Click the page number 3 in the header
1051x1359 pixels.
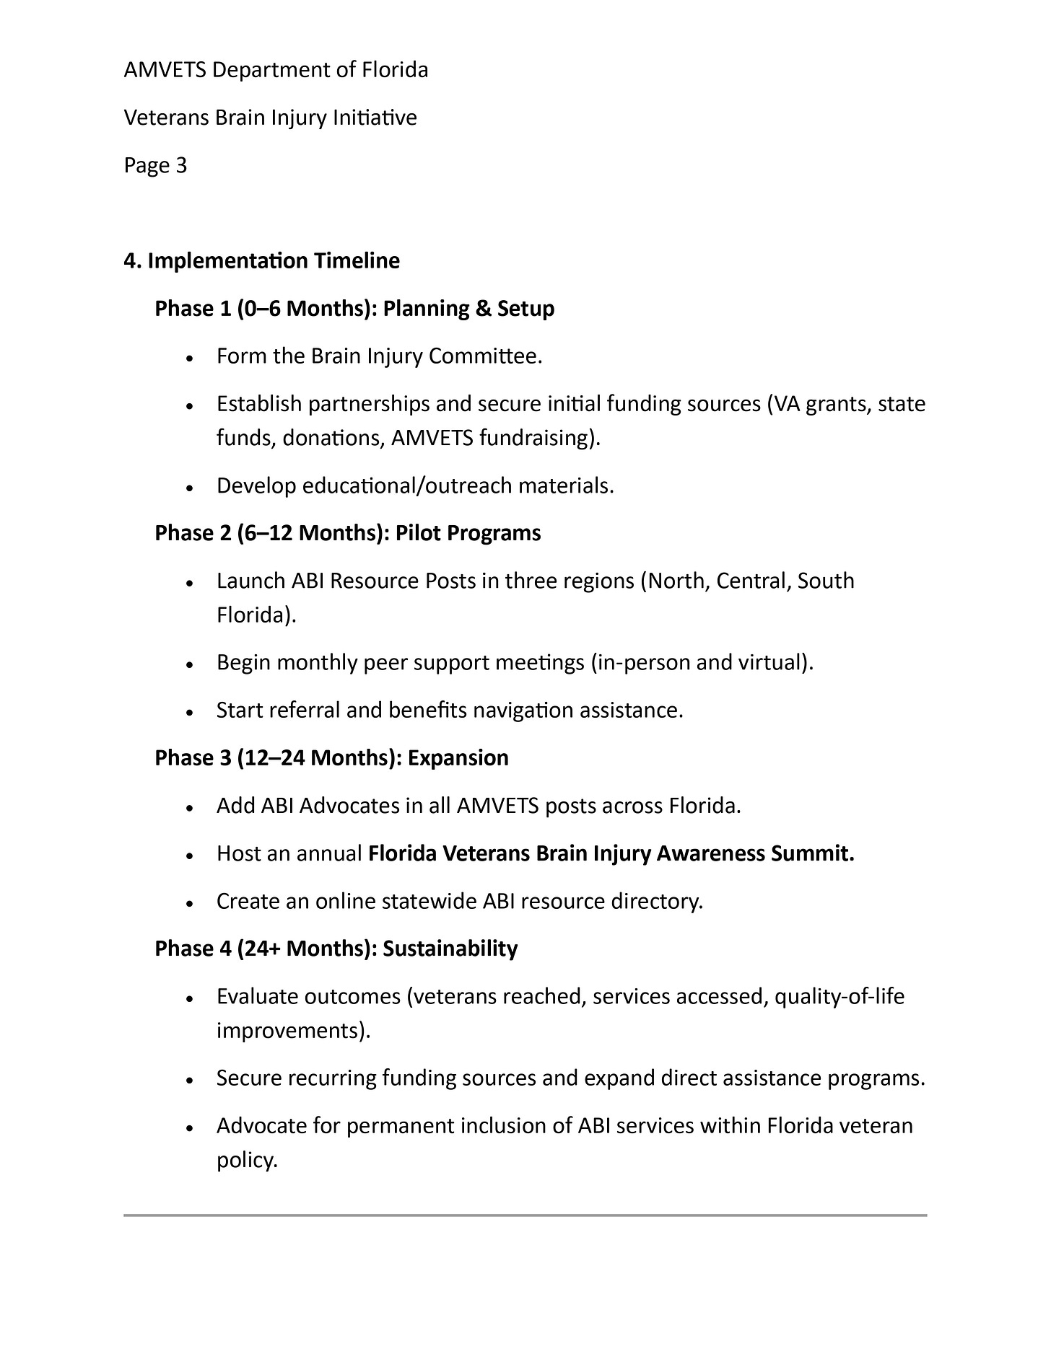click(x=180, y=166)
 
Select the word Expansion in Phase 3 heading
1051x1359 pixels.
click(x=458, y=758)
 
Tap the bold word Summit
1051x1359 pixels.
click(x=812, y=853)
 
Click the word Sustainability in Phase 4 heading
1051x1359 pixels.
click(x=450, y=949)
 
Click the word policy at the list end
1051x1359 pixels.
click(x=246, y=1161)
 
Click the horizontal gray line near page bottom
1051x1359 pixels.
click(x=525, y=1215)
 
